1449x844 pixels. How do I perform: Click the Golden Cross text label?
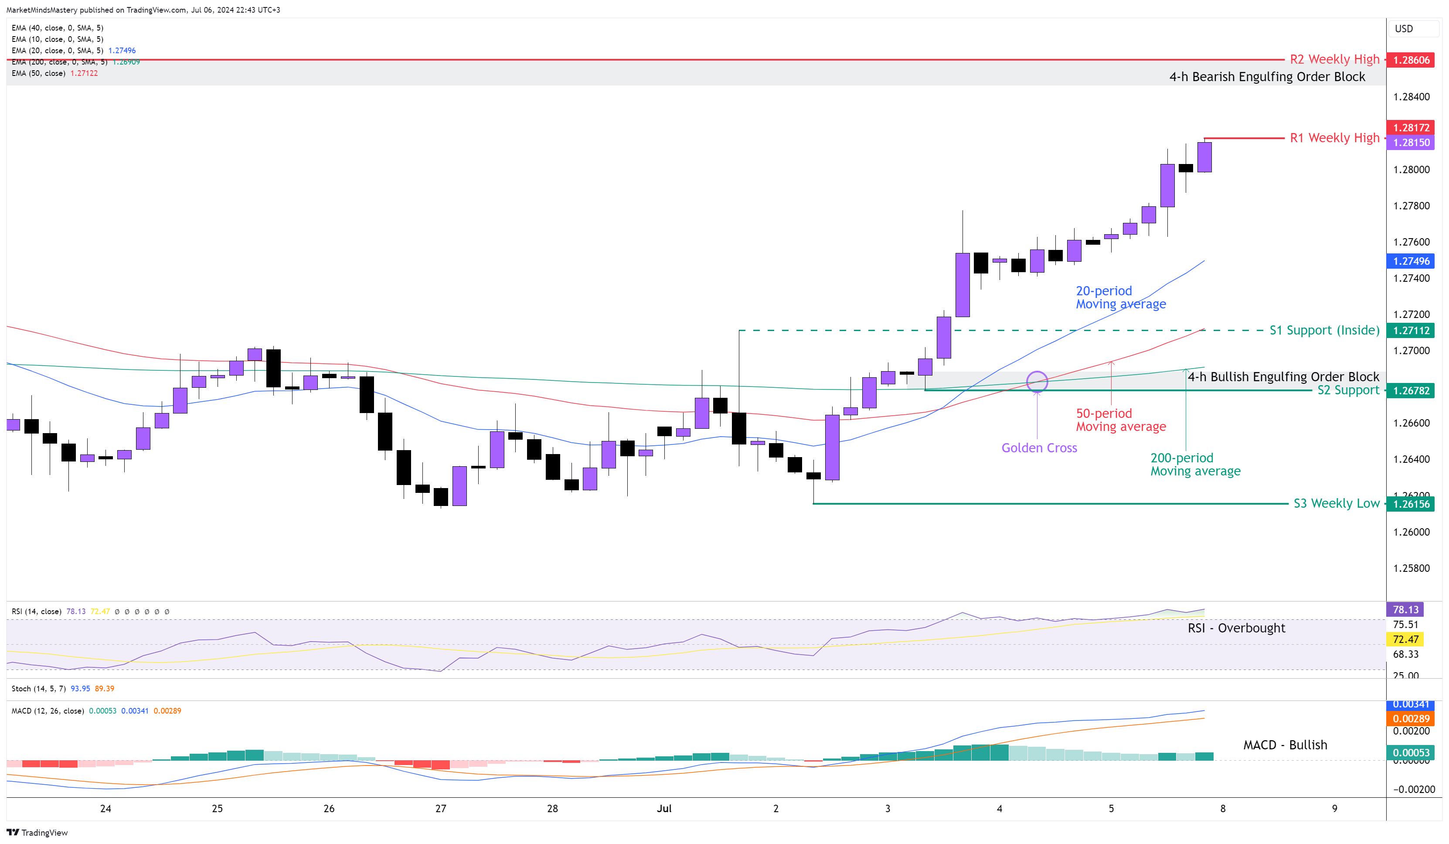1039,448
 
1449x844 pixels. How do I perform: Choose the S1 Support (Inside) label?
1324,330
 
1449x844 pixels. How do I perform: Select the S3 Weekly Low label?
1336,503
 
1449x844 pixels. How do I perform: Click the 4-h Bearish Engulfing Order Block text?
1267,76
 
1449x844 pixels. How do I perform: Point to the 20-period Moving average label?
1120,297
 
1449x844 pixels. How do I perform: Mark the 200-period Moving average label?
1195,464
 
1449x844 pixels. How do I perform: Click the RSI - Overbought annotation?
1236,628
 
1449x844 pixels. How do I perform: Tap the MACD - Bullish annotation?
1285,745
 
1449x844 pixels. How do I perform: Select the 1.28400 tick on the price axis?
1411,97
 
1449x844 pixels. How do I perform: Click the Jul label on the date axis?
664,808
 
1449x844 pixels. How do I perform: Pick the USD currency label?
1404,29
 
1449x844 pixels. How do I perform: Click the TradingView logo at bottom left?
37,833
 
